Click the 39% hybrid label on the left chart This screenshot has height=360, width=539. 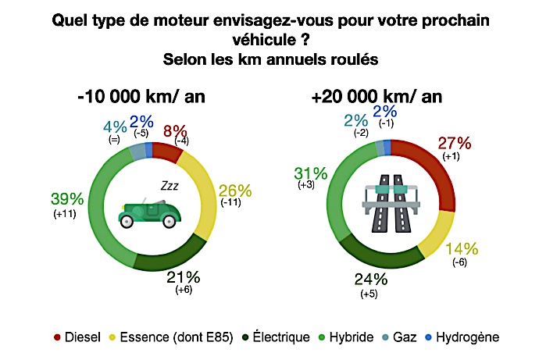[64, 198]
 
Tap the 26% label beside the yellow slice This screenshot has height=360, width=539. [235, 190]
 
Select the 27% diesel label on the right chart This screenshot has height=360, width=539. [455, 144]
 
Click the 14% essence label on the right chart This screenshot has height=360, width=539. [460, 249]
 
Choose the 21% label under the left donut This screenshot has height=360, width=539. [184, 276]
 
